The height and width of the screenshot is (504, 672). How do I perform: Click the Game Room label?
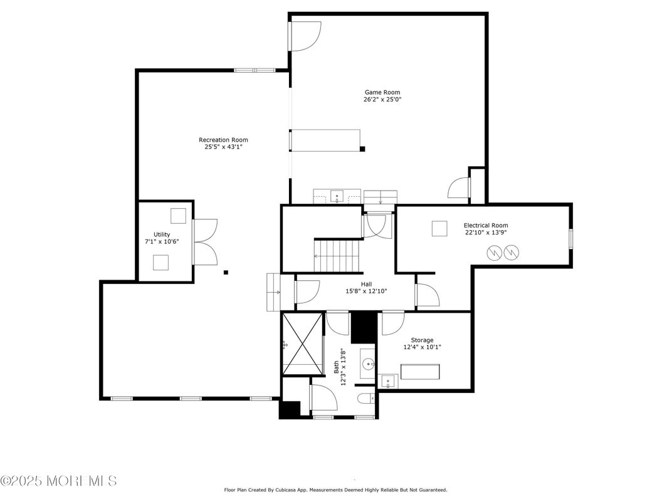click(x=382, y=92)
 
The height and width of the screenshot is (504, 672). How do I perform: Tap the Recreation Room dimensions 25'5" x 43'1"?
click(x=223, y=148)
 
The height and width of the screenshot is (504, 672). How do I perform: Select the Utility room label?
click(x=162, y=234)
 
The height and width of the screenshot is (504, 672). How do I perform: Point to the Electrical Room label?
click(x=485, y=225)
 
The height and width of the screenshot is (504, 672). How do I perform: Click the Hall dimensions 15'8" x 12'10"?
click(x=367, y=291)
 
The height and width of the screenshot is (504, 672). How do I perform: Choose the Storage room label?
click(x=422, y=340)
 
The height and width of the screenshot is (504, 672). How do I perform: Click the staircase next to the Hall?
click(x=338, y=256)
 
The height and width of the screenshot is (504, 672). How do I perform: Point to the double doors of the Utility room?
click(x=205, y=241)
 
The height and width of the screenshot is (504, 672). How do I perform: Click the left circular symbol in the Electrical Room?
click(x=495, y=253)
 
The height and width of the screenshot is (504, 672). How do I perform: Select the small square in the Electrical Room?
click(x=439, y=229)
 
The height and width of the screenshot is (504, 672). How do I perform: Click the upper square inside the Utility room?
click(x=179, y=216)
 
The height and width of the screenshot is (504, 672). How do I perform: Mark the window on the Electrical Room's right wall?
click(x=570, y=239)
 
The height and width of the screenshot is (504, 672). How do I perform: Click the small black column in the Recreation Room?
click(x=226, y=272)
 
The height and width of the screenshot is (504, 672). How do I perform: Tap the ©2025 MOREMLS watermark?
click(x=58, y=481)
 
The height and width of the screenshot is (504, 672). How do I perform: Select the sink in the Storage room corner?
click(x=387, y=381)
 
